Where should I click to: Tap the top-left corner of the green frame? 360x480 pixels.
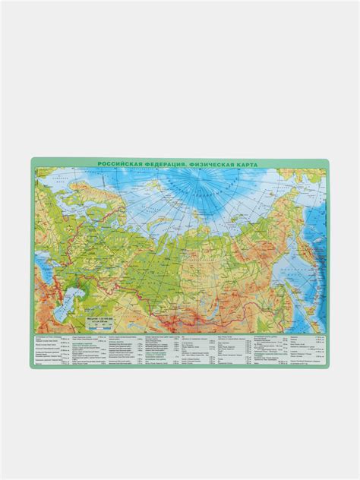[x=31, y=157]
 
